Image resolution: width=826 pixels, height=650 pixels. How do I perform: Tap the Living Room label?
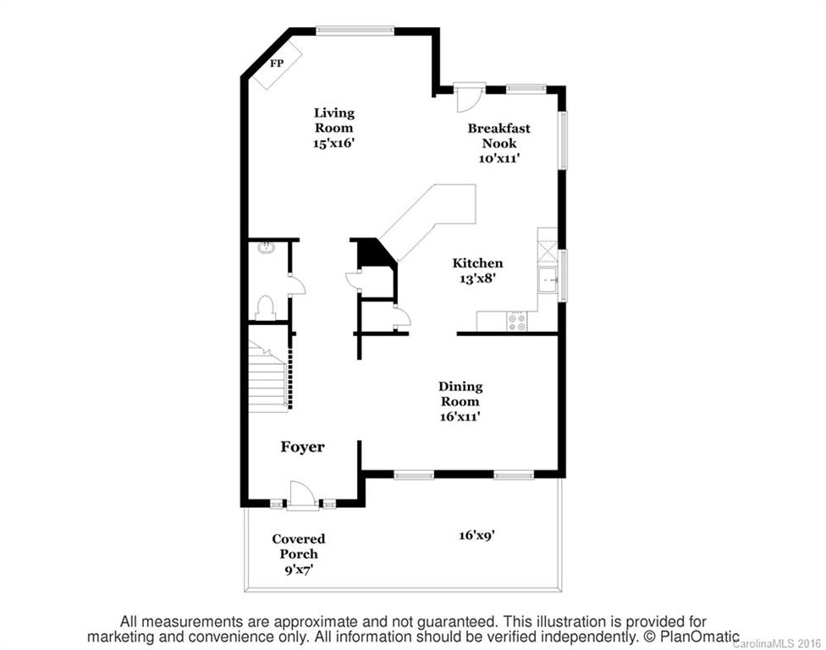[x=333, y=120]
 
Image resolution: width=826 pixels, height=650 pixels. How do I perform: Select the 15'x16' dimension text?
[x=333, y=144]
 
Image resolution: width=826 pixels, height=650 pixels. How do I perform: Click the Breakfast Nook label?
[x=499, y=135]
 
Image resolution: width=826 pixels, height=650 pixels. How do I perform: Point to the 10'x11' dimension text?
[x=499, y=158]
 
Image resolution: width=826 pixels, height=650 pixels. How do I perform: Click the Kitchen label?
[x=477, y=263]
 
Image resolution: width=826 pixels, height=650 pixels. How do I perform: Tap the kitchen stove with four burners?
[x=515, y=322]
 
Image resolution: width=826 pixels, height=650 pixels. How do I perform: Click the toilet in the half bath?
[x=265, y=307]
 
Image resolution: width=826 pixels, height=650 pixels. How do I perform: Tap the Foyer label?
[x=302, y=447]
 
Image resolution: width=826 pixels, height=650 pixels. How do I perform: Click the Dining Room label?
[x=460, y=394]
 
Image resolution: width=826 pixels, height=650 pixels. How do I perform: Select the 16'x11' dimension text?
[x=460, y=416]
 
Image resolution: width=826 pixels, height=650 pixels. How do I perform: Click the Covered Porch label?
[x=298, y=547]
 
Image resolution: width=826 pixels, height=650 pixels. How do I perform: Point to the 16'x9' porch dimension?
[x=476, y=535]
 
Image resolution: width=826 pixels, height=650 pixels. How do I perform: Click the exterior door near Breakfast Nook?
[x=468, y=96]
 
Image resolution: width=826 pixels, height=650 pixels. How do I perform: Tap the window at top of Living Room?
[x=355, y=31]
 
